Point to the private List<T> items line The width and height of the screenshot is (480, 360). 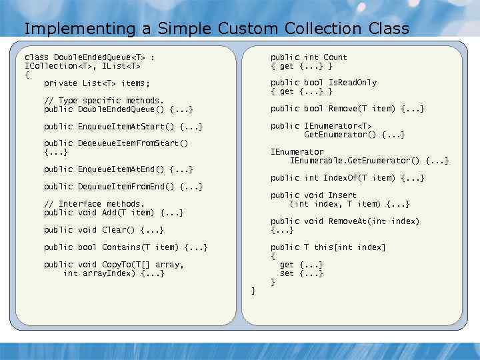pyautogui.click(x=97, y=83)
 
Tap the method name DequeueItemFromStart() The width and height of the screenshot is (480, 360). pyautogui.click(x=133, y=143)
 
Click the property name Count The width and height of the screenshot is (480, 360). pyautogui.click(x=335, y=57)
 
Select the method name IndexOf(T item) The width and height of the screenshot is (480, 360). pyautogui.click(x=354, y=178)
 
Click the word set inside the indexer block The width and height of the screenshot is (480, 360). pyautogui.click(x=287, y=273)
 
